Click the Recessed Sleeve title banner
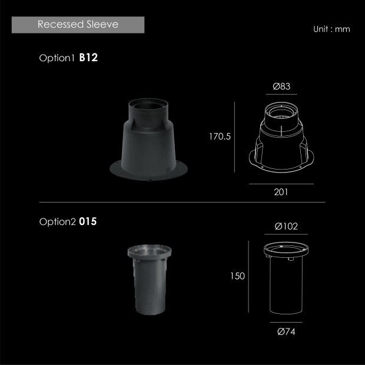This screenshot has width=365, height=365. tap(78, 25)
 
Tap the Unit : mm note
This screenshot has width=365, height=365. tap(331, 29)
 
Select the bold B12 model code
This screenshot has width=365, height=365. tap(88, 58)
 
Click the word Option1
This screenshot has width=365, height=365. tap(57, 58)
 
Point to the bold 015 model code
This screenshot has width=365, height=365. tap(88, 221)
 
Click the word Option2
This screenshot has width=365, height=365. tap(58, 221)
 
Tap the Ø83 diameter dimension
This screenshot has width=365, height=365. tap(281, 87)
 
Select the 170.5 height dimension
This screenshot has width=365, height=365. tap(220, 137)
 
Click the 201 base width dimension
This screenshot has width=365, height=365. tap(281, 192)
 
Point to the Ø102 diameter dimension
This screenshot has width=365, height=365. tap(286, 226)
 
